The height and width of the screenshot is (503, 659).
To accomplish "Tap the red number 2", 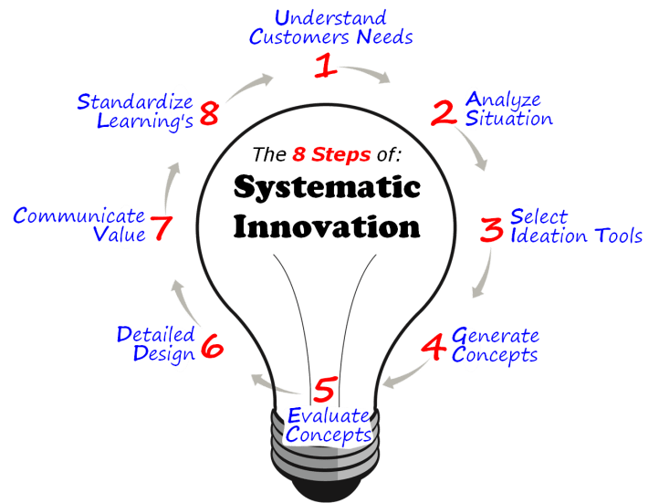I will coord(444,112).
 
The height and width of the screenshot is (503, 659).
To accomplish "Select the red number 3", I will coord(491,228).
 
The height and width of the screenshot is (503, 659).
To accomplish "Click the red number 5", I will coord(324,391).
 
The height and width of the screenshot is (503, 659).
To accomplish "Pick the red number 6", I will coord(211,346).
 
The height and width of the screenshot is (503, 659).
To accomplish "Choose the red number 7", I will coord(161,226).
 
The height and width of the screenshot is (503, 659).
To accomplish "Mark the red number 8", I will coord(209,114).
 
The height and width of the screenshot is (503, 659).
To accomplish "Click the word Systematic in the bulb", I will coord(327,188).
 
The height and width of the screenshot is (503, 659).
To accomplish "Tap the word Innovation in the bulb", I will coord(327,225).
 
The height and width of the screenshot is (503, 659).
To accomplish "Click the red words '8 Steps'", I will coord(331,154).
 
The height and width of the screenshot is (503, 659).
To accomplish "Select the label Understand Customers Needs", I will coord(331,27).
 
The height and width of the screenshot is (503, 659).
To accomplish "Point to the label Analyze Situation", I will coord(507,109).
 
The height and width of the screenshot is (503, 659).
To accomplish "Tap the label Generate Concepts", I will coord(495,344).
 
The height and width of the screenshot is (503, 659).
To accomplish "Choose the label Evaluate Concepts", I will coord(328,424).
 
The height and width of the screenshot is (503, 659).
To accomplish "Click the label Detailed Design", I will coord(155,344).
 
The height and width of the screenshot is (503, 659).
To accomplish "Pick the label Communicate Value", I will coord(79,225).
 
